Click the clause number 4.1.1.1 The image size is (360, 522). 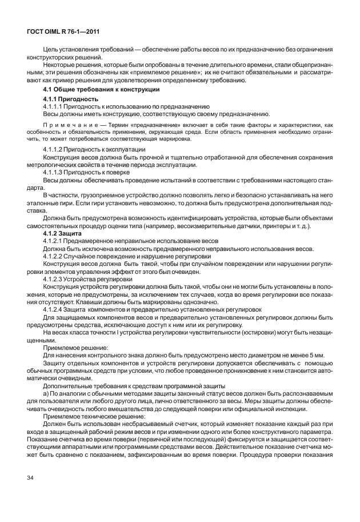click(x=53, y=106)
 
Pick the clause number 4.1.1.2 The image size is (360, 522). click(x=54, y=149)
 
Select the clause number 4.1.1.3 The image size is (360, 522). click(x=54, y=172)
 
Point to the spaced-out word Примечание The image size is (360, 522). click(x=67, y=125)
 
